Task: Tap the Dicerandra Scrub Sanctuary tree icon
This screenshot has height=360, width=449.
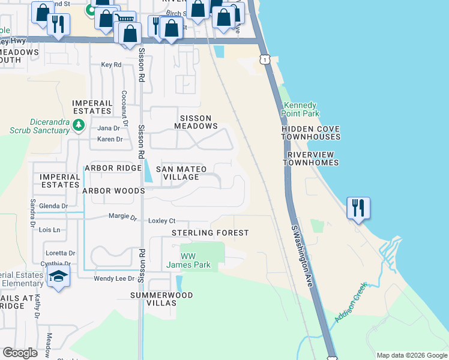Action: (x=78, y=125)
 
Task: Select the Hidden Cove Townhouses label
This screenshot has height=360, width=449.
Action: (x=311, y=133)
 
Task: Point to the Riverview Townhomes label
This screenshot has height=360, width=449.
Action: (x=311, y=158)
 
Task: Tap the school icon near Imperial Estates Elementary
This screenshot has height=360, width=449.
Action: (x=58, y=277)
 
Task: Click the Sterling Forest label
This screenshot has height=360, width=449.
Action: (x=210, y=233)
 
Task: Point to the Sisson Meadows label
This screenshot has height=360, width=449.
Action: (x=196, y=122)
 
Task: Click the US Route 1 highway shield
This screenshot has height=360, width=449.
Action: (x=264, y=59)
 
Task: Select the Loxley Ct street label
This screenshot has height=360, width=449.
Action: (x=161, y=221)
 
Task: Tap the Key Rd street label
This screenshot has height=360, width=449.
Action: (x=111, y=65)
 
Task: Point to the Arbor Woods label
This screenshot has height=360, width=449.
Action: (x=113, y=191)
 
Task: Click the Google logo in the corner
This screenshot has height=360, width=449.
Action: (x=20, y=353)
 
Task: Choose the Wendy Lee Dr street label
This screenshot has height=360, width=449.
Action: (x=114, y=278)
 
